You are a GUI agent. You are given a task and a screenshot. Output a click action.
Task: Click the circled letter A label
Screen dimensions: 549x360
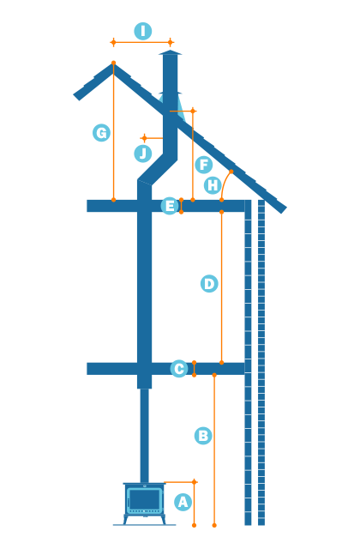pyautogui.click(x=183, y=503)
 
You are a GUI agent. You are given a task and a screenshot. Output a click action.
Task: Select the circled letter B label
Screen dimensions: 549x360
pyautogui.click(x=203, y=436)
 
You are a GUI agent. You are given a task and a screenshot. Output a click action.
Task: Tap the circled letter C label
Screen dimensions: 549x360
pyautogui.click(x=179, y=369)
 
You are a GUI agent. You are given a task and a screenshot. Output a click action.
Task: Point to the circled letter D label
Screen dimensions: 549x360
pyautogui.click(x=209, y=283)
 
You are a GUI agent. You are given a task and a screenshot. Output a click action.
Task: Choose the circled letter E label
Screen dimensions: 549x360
pyautogui.click(x=170, y=206)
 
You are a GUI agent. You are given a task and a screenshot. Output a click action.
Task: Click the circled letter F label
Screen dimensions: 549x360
pyautogui.click(x=203, y=165)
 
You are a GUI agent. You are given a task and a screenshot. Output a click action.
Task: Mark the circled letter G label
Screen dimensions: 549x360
pyautogui.click(x=102, y=133)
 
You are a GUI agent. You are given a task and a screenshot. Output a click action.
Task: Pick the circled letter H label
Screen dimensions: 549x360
pyautogui.click(x=213, y=185)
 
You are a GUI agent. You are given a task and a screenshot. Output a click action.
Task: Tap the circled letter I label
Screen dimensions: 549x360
pyautogui.click(x=142, y=32)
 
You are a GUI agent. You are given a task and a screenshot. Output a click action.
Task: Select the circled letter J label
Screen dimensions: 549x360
pyautogui.click(x=143, y=154)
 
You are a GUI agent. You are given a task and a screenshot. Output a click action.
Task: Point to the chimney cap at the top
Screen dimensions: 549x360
pyautogui.click(x=171, y=54)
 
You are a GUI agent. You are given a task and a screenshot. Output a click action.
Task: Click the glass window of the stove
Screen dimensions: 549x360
pyautogui.click(x=144, y=499)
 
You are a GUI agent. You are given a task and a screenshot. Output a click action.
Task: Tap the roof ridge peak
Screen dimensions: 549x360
pyautogui.click(x=113, y=65)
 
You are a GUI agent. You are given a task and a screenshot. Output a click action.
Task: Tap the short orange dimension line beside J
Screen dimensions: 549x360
pyautogui.click(x=153, y=137)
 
